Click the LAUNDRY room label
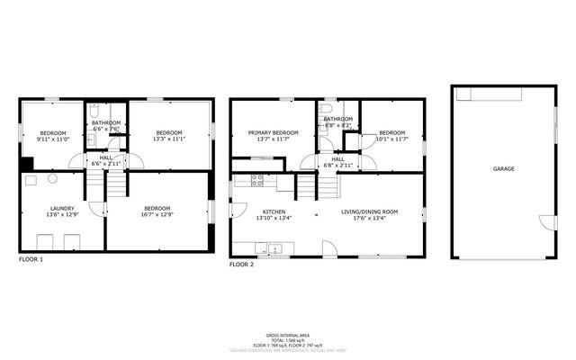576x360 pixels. tap(63, 208)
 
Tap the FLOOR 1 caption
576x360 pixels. tap(31, 259)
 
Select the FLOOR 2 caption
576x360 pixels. tap(241, 265)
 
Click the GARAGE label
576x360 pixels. tap(504, 168)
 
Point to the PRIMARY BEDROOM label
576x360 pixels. tap(273, 132)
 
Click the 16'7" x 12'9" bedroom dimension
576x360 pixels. tap(158, 215)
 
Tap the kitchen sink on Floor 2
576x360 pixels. tap(274, 248)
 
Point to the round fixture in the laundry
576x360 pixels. tap(30, 180)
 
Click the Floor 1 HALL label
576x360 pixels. tap(105, 157)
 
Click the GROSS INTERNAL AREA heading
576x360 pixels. tap(288, 333)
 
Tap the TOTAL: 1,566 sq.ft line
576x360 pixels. tap(288, 338)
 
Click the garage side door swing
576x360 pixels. tap(546, 222)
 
